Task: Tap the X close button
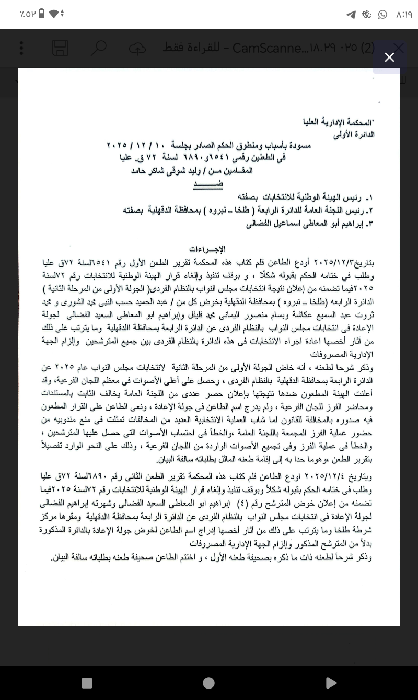[389, 57]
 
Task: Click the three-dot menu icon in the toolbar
[21, 48]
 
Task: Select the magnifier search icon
[98, 48]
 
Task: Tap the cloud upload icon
[137, 48]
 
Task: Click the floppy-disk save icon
[60, 48]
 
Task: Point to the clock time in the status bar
[404, 15]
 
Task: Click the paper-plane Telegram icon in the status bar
[351, 15]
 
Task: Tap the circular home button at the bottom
[208, 682]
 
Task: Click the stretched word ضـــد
[192, 184]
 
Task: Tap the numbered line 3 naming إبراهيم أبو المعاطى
[310, 225]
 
